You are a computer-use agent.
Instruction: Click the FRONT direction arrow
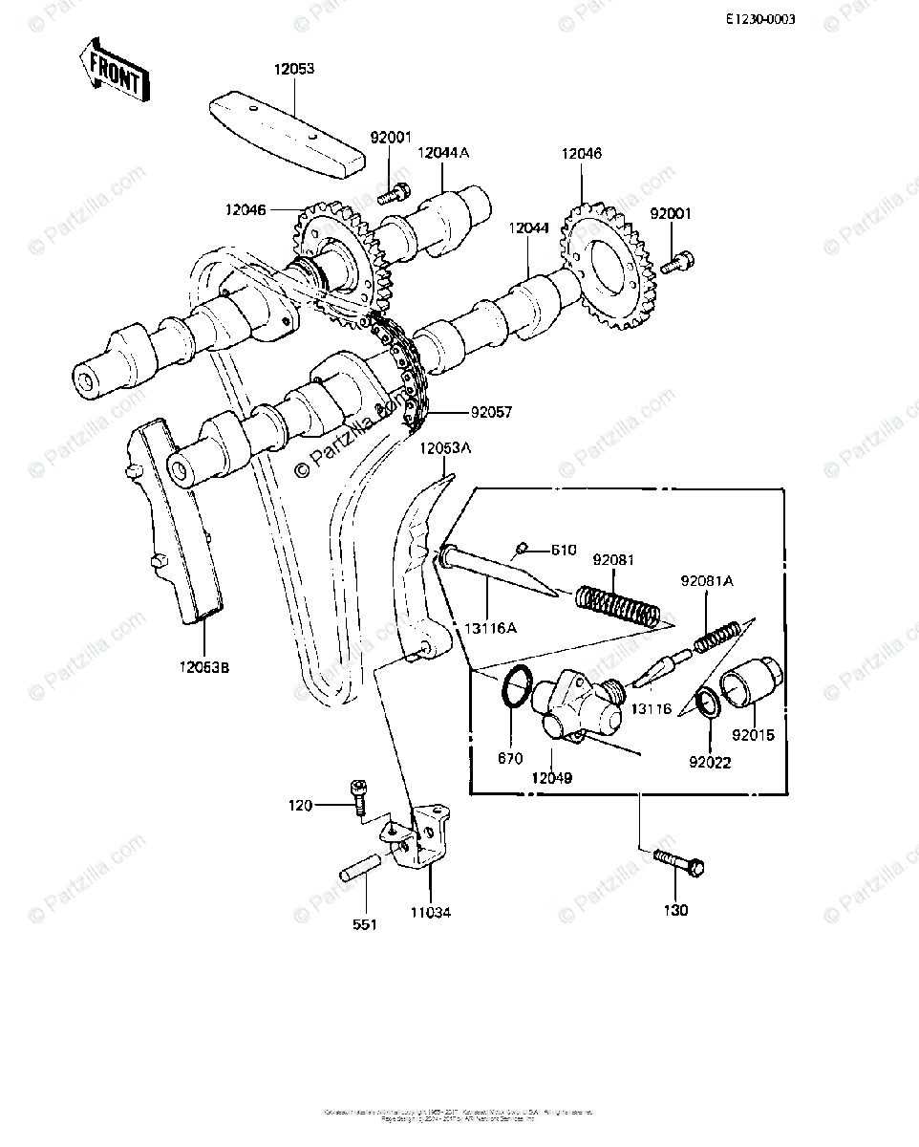click(x=114, y=70)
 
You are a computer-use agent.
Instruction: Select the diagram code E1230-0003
click(x=759, y=19)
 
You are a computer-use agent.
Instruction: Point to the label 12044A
click(x=443, y=153)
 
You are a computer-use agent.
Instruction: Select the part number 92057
click(x=491, y=413)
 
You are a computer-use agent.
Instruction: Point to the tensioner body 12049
click(x=573, y=707)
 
